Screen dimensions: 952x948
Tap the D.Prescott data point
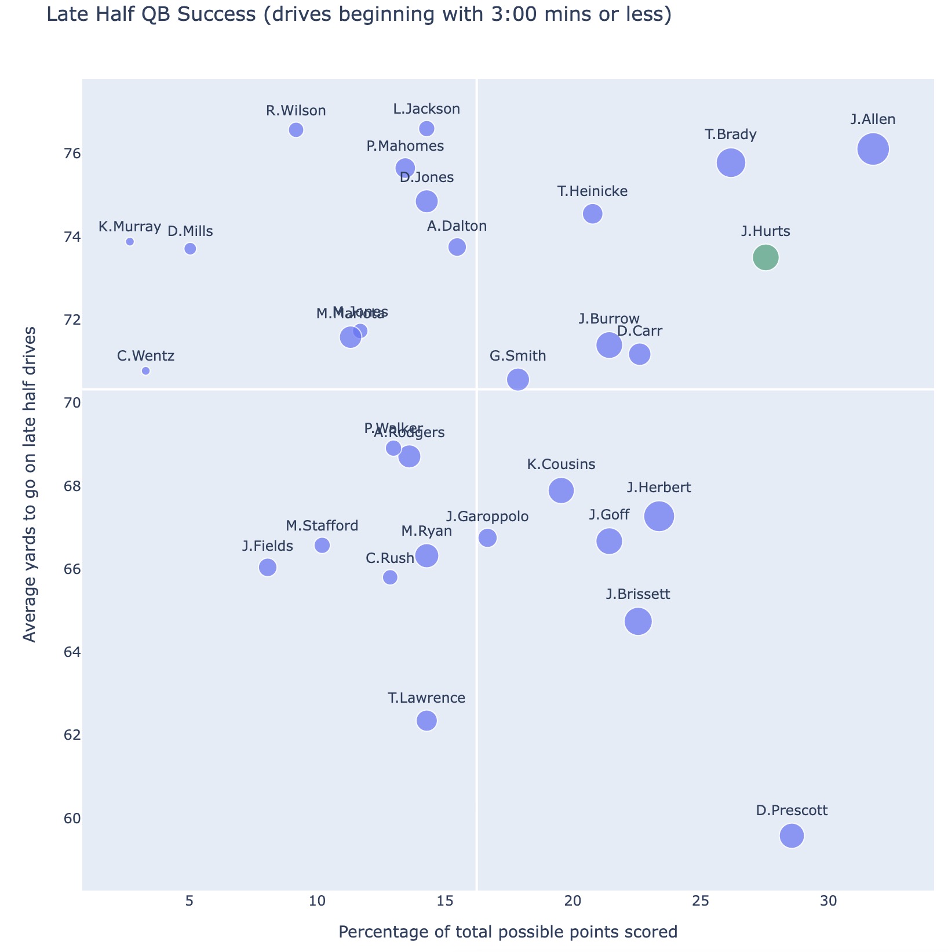point(792,835)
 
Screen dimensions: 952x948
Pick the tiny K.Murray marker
point(130,242)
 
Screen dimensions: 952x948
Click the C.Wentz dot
point(145,371)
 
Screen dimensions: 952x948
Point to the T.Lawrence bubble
point(426,721)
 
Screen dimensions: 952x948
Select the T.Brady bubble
point(731,163)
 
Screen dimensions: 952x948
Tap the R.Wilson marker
point(296,130)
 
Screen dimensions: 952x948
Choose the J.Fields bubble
point(268,567)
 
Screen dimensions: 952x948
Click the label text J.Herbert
point(659,488)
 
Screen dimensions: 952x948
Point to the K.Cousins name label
point(561,464)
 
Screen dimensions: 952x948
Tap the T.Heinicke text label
point(592,191)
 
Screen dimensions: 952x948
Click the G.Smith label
point(518,356)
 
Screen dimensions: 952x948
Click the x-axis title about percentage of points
point(508,932)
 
